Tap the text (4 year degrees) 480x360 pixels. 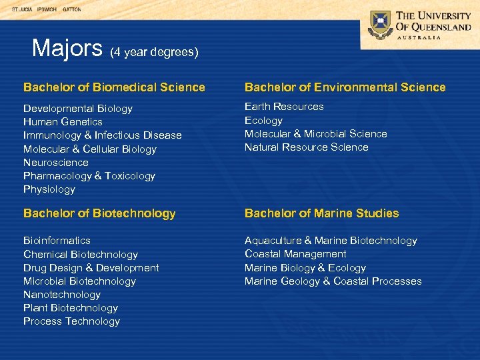[x=154, y=51]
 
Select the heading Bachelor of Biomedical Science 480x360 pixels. [x=114, y=87]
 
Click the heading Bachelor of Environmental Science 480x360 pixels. [x=345, y=87]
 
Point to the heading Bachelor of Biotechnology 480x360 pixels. [x=99, y=213]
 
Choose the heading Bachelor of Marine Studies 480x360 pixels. [x=321, y=213]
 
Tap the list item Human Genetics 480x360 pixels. [x=63, y=122]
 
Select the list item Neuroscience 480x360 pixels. [x=56, y=163]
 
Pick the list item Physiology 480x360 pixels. [x=49, y=189]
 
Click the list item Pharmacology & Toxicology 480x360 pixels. [x=89, y=176]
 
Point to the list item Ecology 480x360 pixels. [x=263, y=121]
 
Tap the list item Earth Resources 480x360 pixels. [x=284, y=107]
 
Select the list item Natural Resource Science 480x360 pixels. [x=306, y=147]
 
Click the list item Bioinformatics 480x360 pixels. [x=57, y=241]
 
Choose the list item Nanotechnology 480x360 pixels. [x=62, y=295]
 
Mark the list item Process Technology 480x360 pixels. [x=71, y=321]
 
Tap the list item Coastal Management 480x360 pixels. [x=295, y=254]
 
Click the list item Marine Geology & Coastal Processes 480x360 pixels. [x=333, y=281]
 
